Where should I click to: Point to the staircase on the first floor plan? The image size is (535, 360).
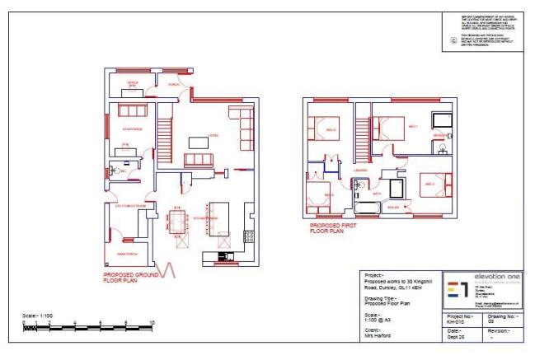[x=362, y=139]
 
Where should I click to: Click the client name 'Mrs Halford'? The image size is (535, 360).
[x=379, y=336]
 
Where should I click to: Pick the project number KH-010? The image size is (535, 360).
[x=456, y=322]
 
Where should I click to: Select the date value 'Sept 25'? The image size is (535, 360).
[x=456, y=337]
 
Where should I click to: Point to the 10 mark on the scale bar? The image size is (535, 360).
[x=152, y=322]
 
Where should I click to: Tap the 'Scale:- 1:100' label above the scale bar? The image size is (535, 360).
[x=38, y=316]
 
